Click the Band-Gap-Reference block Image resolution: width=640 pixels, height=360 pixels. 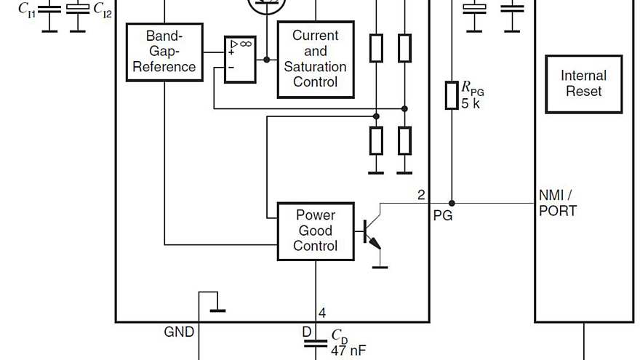pos(164,52)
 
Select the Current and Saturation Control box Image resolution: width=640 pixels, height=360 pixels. pos(316,59)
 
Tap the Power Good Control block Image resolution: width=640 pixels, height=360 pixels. pos(316,231)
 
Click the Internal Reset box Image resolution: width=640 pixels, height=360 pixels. pos(583,84)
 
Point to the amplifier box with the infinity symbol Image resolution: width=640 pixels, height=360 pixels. pos(239,58)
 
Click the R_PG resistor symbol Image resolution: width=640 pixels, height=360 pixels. pos(452,95)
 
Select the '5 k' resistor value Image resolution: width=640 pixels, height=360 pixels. pos(470,103)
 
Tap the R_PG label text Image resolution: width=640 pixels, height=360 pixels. pos(472,88)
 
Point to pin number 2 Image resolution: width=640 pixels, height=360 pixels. pos(421,195)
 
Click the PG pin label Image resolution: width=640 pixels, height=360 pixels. pos(442,215)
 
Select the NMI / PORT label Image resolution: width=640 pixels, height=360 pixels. pos(557,204)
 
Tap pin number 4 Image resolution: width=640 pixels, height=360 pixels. pos(322,313)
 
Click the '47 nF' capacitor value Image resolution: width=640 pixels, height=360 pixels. pos(348,350)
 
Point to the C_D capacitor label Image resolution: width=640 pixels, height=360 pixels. pos(339,335)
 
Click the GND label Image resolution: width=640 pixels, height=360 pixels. pos(179,332)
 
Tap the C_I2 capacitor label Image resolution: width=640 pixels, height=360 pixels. pos(102,9)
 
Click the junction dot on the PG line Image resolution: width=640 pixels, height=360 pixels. pos(452,203)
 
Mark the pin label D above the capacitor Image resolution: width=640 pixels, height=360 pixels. pos(307,332)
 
